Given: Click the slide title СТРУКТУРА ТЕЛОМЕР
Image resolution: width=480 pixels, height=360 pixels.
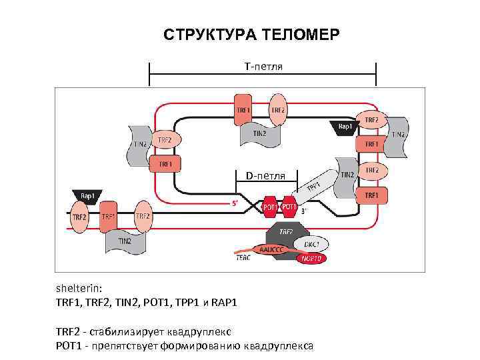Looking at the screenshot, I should pos(251,34).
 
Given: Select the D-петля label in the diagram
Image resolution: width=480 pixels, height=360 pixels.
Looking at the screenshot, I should pos(265,176).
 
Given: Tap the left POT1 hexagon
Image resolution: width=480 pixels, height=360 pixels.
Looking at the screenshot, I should pos(270,207).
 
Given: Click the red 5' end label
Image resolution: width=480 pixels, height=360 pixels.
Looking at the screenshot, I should pos(236,205).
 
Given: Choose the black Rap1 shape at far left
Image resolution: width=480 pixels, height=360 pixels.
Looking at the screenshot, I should pos(87,196).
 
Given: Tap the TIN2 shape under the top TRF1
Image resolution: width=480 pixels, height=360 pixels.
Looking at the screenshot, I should pos(259,134).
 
